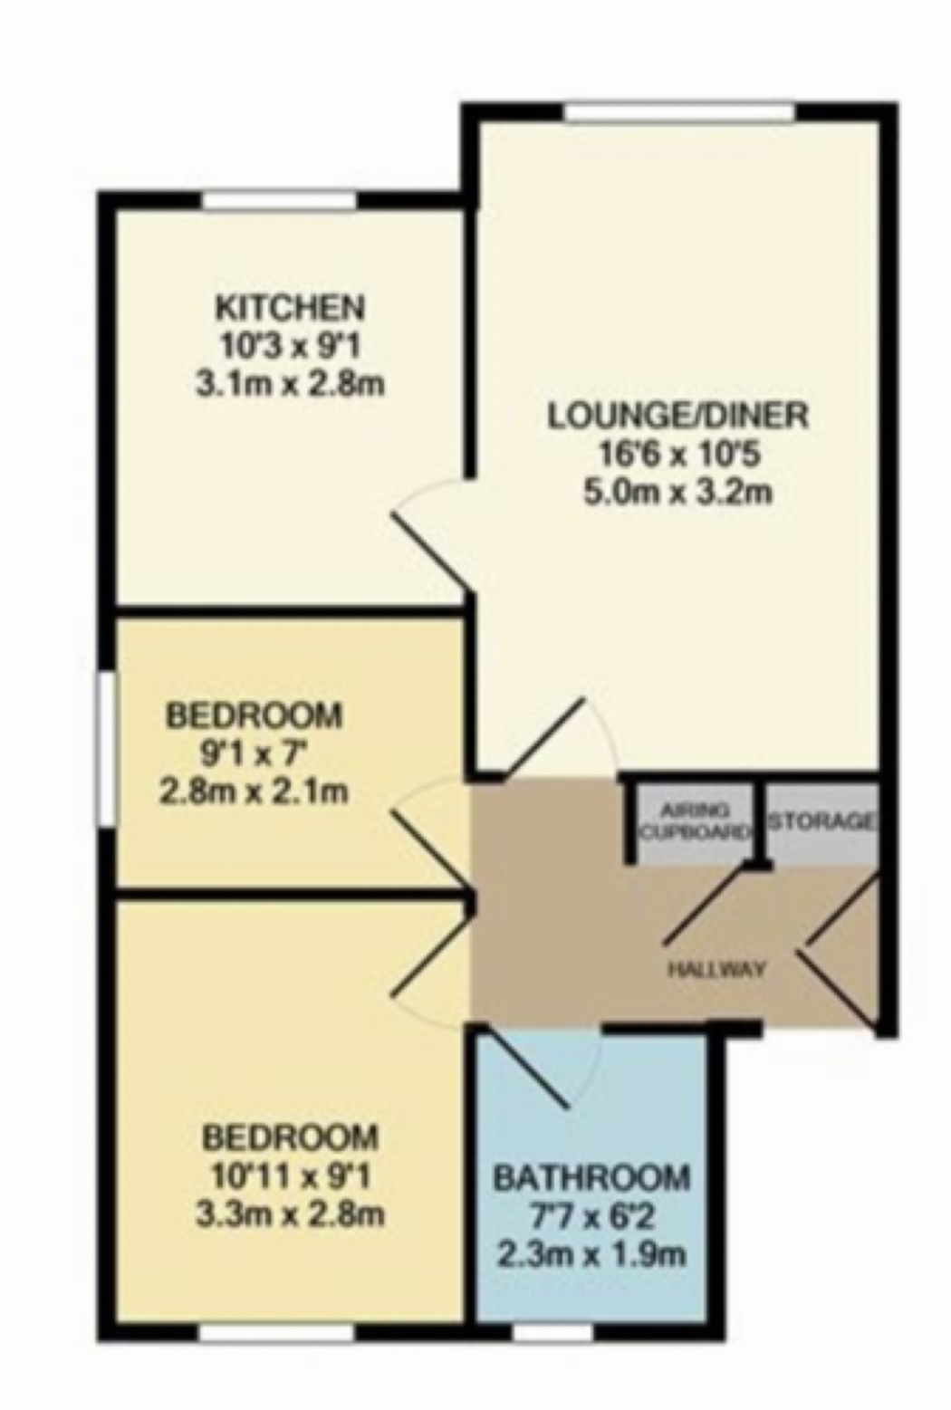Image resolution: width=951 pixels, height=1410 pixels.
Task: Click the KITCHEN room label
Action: click(290, 308)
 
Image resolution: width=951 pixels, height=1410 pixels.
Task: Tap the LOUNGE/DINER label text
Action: click(677, 416)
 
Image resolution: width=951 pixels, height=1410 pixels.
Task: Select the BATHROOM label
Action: click(591, 1178)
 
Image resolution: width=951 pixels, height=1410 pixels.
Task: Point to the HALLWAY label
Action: click(716, 969)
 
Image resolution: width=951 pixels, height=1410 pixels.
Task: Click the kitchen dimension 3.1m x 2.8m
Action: click(290, 383)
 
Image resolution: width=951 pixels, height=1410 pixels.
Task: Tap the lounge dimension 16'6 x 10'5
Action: click(678, 454)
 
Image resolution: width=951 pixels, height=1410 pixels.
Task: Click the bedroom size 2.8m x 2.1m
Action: click(254, 791)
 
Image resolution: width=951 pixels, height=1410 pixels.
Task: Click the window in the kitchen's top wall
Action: click(279, 200)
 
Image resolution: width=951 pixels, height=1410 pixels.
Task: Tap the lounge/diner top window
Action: click(679, 112)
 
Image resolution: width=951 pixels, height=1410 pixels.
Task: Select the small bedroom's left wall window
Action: click(106, 748)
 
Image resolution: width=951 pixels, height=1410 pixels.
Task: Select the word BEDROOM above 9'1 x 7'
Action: click(254, 715)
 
